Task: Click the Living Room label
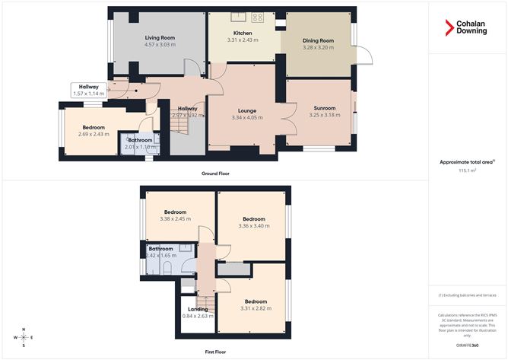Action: tap(160, 37)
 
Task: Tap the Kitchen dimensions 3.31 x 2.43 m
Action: tap(243, 41)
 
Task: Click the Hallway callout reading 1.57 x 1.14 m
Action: tap(87, 94)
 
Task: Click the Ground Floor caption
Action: tap(215, 174)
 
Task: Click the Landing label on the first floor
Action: tap(198, 309)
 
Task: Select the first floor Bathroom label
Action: tap(161, 249)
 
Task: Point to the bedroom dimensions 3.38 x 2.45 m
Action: tap(178, 219)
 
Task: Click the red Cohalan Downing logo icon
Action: tap(449, 27)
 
